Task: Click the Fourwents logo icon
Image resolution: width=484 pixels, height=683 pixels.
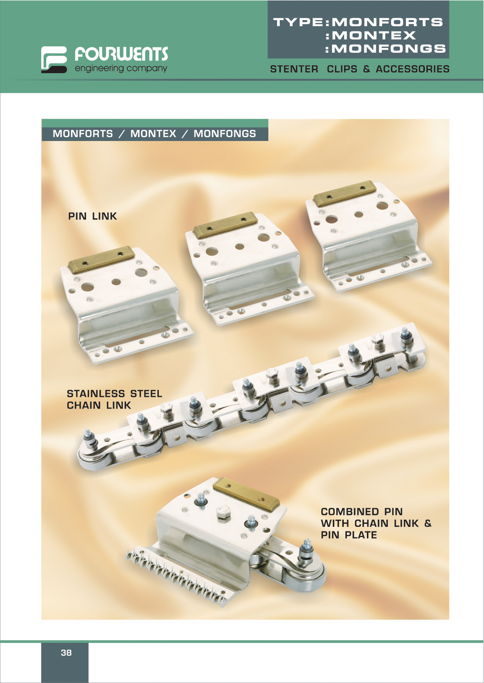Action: pos(54,60)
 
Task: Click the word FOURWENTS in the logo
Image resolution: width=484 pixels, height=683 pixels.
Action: pos(121,54)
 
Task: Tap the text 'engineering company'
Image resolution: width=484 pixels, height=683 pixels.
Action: pos(121,69)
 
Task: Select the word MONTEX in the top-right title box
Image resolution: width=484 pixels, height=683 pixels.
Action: pos(374,36)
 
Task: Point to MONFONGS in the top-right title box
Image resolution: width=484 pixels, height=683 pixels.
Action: pos(388,49)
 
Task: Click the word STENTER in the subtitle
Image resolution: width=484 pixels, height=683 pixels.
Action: pos(294,69)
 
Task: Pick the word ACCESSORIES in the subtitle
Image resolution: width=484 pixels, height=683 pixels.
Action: pos(413,69)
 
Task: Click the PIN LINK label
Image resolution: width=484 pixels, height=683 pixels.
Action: pos(92,216)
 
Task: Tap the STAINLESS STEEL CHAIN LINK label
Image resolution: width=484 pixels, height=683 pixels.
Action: pos(114,399)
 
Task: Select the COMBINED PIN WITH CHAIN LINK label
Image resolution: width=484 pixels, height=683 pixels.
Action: pos(376,523)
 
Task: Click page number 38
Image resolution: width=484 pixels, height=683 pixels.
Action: pos(66,653)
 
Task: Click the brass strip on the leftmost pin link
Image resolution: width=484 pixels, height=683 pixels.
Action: pos(101,259)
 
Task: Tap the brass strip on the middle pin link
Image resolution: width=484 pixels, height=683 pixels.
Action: pos(225,225)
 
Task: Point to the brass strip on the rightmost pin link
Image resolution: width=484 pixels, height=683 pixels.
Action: pos(345,193)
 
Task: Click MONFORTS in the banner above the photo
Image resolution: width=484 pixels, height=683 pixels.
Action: pos(83,134)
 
